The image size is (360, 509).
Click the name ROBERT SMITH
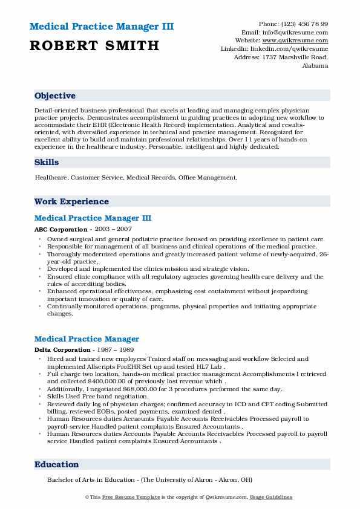94,45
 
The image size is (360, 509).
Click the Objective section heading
55,96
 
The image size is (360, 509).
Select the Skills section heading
47,163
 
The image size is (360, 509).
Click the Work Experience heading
71,202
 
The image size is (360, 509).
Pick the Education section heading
57,465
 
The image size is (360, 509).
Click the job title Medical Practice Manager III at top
93,218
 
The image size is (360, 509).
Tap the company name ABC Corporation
61,230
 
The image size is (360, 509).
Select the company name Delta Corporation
62,350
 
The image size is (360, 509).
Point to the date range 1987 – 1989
115,350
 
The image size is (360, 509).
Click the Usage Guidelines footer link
273,498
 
